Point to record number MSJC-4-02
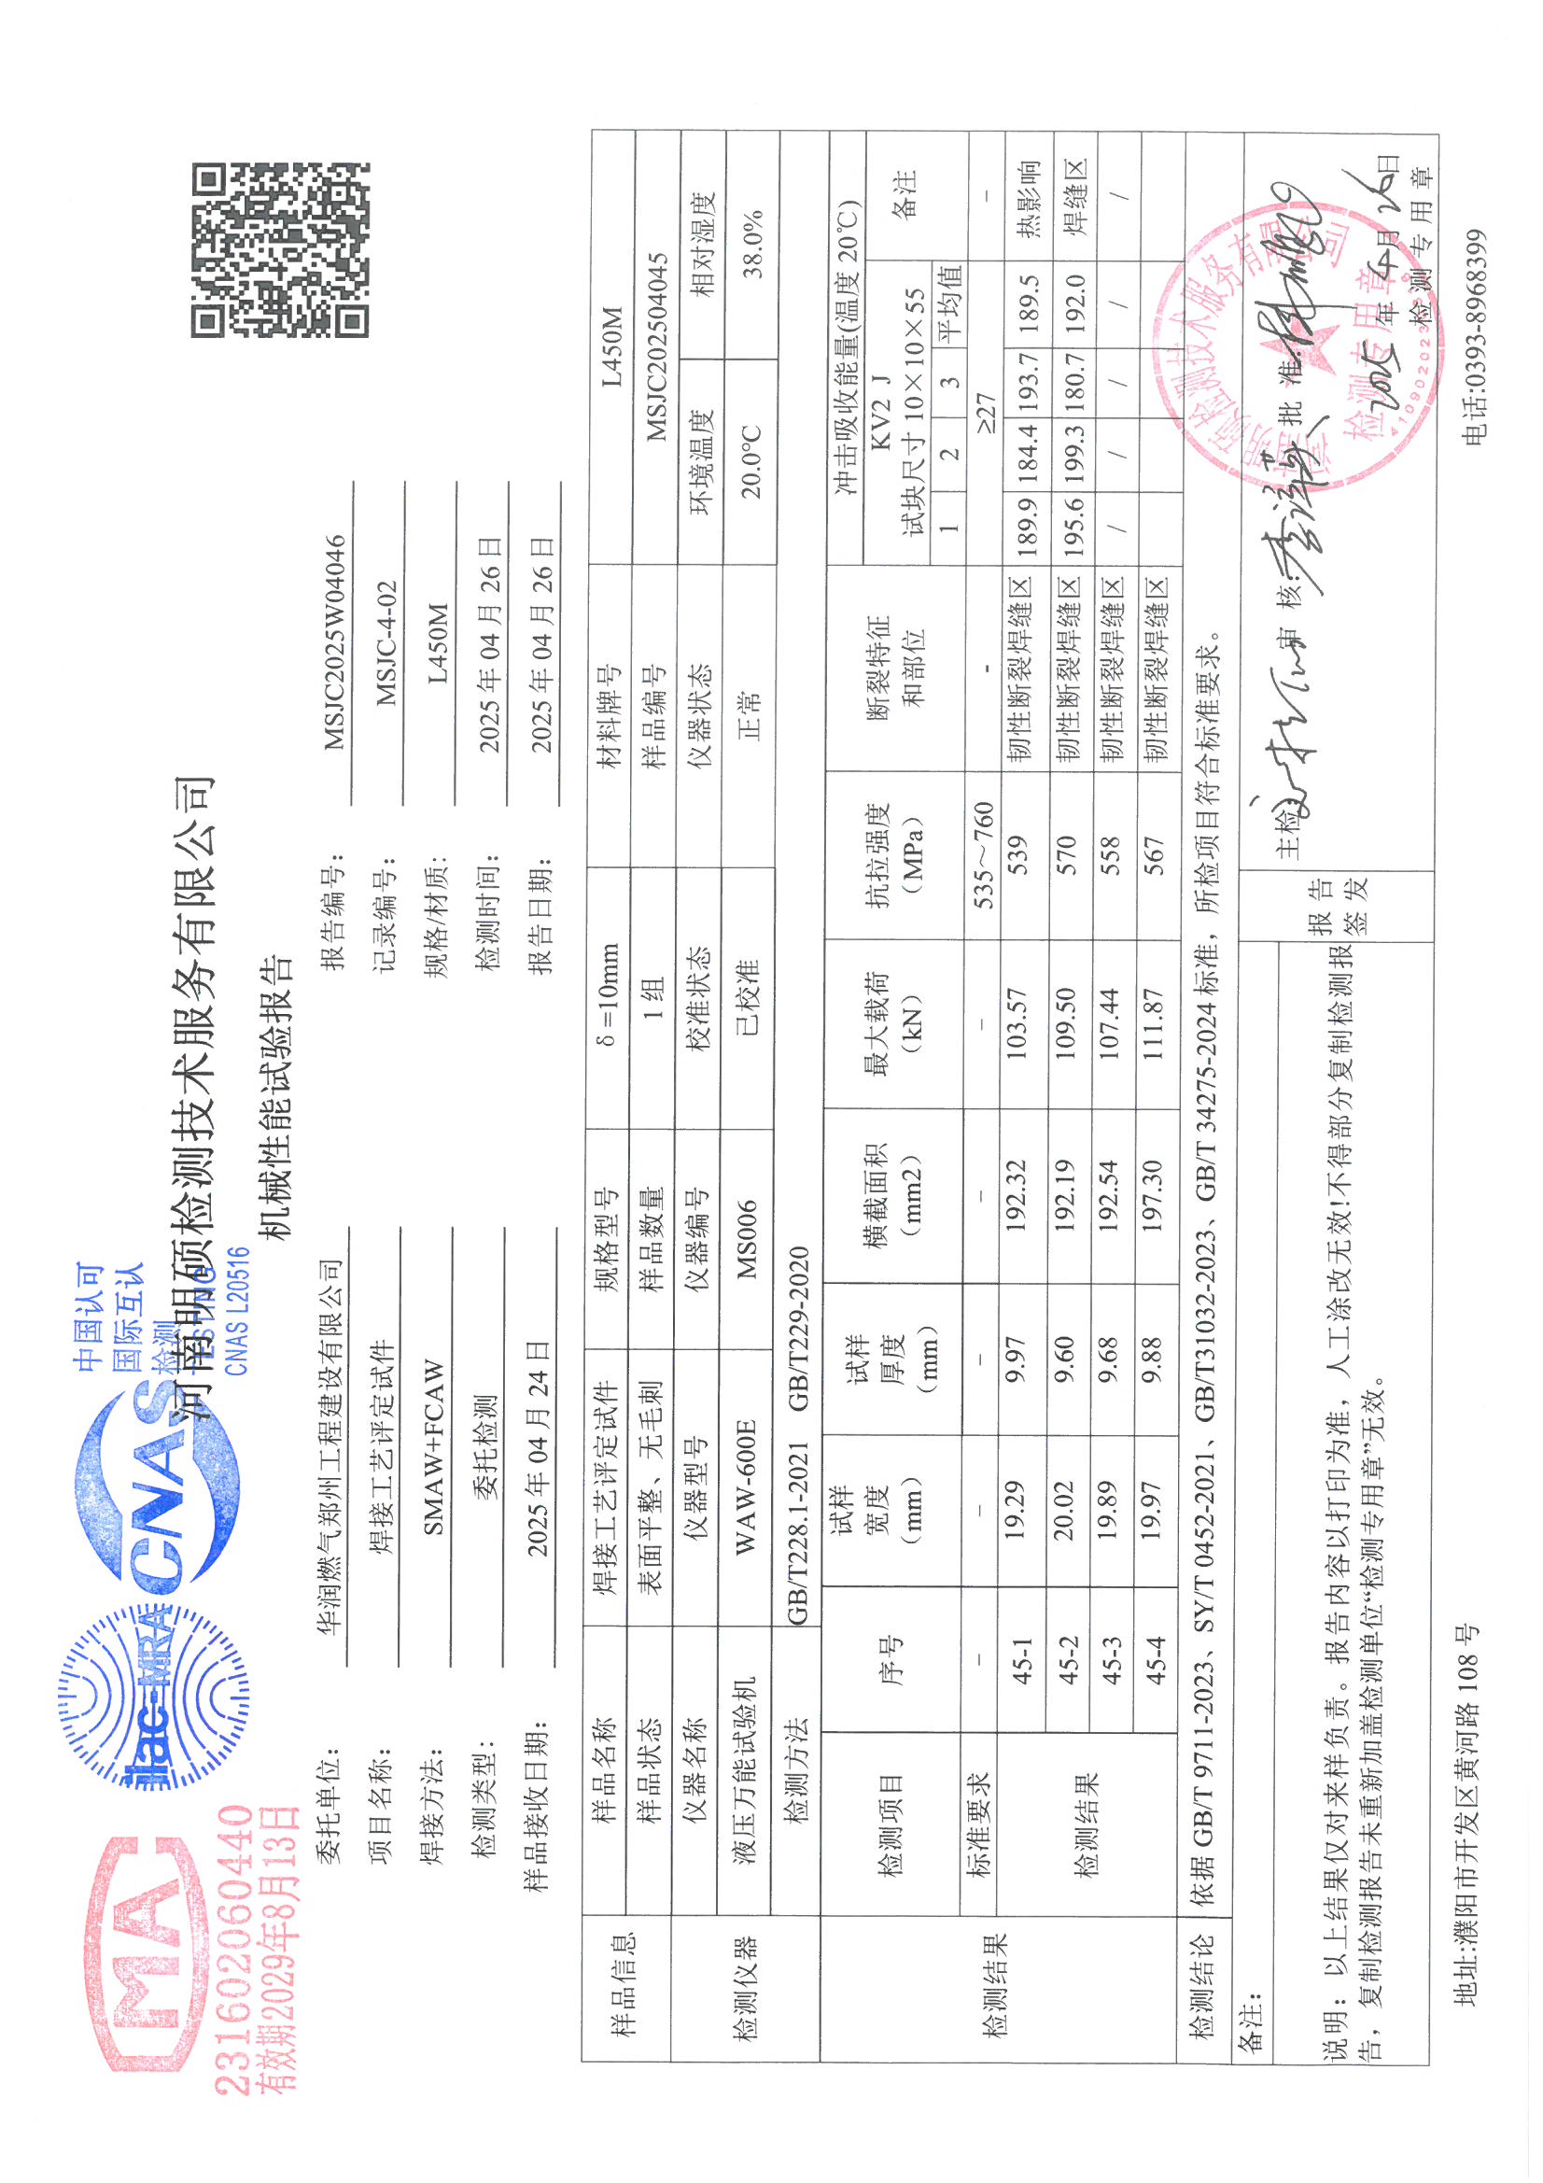click(x=386, y=643)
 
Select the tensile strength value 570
click(x=1067, y=855)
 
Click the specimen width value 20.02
click(x=1065, y=1509)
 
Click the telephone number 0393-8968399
click(x=1474, y=337)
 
